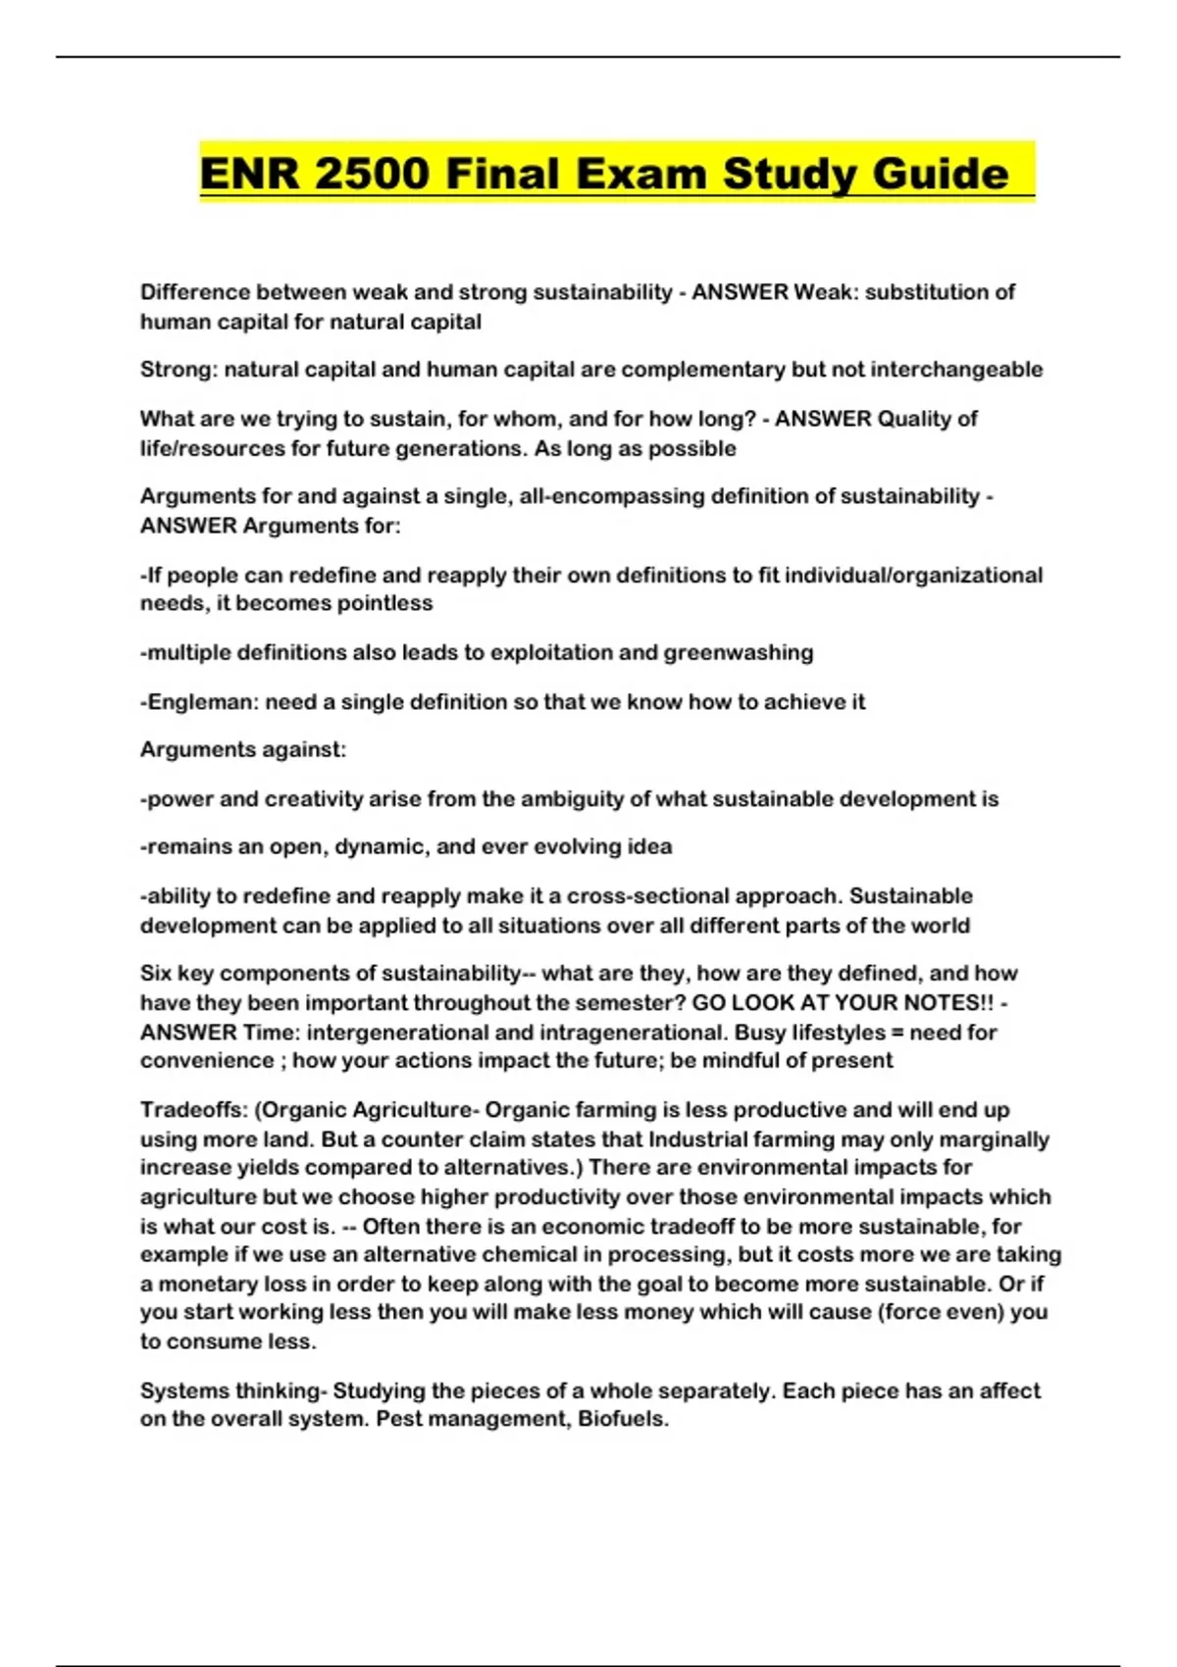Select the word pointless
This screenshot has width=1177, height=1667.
384,603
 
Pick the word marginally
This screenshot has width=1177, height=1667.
994,1139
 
